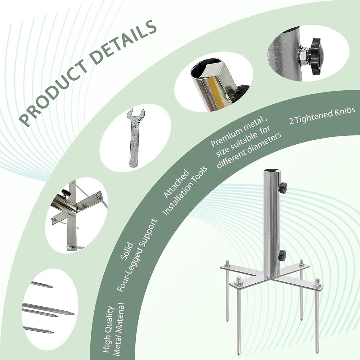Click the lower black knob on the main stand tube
(x=282, y=255)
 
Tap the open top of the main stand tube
(x=271, y=171)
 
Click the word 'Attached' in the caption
(x=176, y=184)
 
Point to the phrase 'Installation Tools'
(x=185, y=190)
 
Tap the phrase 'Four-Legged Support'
(x=138, y=255)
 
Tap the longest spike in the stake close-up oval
(x=48, y=309)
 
